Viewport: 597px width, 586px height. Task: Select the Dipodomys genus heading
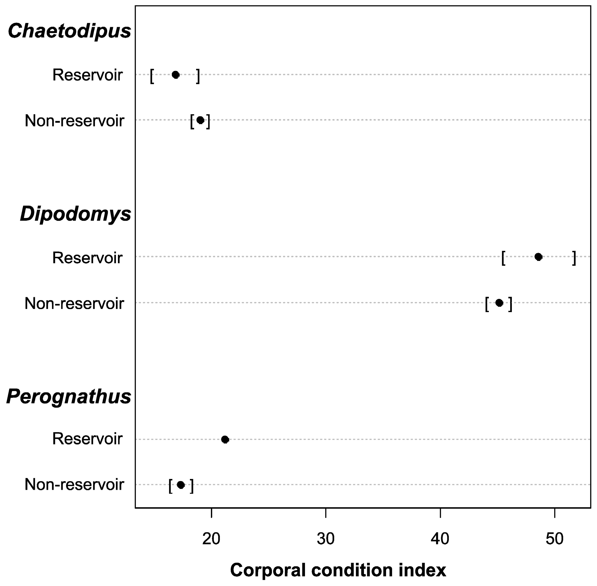75,214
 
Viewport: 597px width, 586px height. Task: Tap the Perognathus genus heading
69,397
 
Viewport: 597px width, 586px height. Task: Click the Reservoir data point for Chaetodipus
175,75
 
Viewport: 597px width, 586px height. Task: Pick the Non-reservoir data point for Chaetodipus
200,120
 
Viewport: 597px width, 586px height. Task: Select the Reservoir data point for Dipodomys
538,257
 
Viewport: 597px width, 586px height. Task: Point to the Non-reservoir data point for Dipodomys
499,303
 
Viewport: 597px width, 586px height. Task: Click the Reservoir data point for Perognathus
225,439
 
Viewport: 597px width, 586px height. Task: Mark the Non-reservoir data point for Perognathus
181,485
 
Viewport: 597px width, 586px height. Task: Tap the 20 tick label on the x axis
211,539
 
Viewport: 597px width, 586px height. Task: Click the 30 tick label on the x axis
326,539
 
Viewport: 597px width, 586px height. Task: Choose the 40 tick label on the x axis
440,539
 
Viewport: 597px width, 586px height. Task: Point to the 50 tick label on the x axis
555,539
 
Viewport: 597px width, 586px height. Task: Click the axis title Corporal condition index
338,570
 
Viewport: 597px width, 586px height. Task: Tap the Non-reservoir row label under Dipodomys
75,304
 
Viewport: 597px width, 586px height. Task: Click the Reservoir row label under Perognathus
87,439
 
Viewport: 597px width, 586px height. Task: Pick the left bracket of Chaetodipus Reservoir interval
152,76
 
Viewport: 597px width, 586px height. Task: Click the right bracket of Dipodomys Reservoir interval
574,258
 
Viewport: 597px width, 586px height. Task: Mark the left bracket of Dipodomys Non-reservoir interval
487,304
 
